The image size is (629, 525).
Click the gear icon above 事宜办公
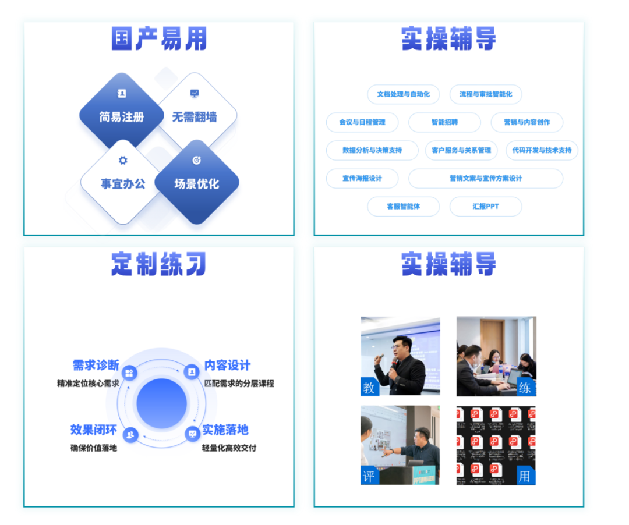tap(122, 161)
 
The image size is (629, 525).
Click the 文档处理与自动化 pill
tap(403, 94)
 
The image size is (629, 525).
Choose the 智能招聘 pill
tap(444, 122)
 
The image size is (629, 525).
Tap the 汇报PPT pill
tap(485, 207)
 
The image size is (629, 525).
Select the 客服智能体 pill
tap(403, 207)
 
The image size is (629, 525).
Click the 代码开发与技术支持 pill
tap(542, 150)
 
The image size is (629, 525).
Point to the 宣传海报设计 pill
tap(362, 178)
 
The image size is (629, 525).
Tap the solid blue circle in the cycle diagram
tap(161, 403)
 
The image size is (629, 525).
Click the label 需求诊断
tap(96, 366)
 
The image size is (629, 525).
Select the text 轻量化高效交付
tap(229, 448)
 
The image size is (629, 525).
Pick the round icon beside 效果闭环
tap(130, 434)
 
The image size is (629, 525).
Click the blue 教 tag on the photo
tap(369, 386)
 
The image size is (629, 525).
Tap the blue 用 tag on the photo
tap(525, 476)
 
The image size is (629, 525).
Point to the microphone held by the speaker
tap(395, 363)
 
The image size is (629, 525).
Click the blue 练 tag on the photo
tap(525, 387)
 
